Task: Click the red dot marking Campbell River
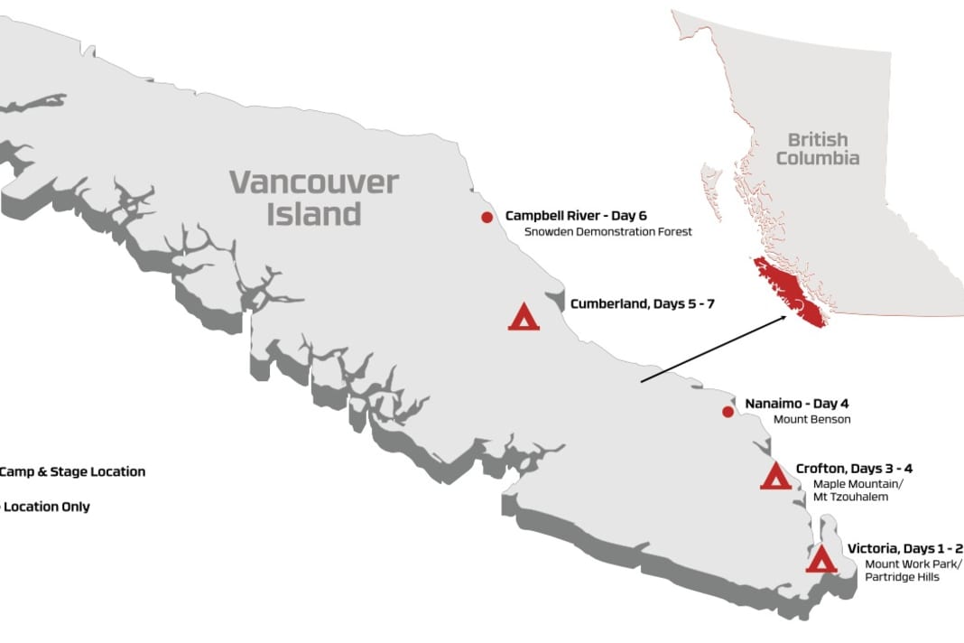tap(487, 217)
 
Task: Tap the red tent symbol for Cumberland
tap(524, 317)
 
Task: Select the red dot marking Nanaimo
tap(728, 413)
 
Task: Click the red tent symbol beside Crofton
tap(775, 477)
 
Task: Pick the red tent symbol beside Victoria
tap(820, 560)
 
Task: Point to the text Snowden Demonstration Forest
tap(608, 232)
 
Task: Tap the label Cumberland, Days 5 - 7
tap(642, 304)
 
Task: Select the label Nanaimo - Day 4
tap(797, 404)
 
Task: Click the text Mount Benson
tap(811, 420)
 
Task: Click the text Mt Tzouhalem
tap(851, 498)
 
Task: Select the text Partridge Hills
tap(902, 577)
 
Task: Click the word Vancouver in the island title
tap(313, 182)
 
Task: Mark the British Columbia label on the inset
tap(818, 149)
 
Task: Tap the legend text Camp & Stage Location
tap(72, 471)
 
